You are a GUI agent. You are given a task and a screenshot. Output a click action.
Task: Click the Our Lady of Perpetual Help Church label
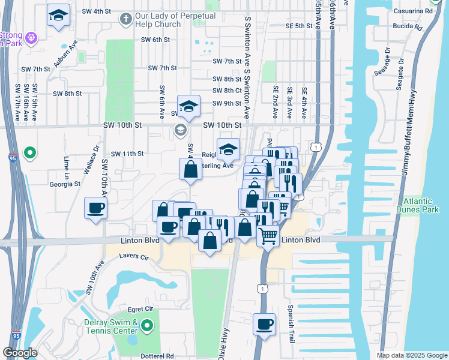click(166, 20)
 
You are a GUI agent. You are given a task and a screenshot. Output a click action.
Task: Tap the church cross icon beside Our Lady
click(125, 19)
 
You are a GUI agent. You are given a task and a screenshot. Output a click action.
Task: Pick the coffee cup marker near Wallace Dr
click(95, 209)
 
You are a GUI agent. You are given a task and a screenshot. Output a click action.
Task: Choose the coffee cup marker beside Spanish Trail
click(264, 325)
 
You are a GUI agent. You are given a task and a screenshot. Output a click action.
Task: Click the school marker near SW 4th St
click(59, 17)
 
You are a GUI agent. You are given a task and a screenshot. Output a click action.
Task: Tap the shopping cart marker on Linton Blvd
click(268, 235)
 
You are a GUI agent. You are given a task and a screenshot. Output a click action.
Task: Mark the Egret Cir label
click(140, 308)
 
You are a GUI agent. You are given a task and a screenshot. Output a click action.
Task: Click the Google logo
click(20, 353)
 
